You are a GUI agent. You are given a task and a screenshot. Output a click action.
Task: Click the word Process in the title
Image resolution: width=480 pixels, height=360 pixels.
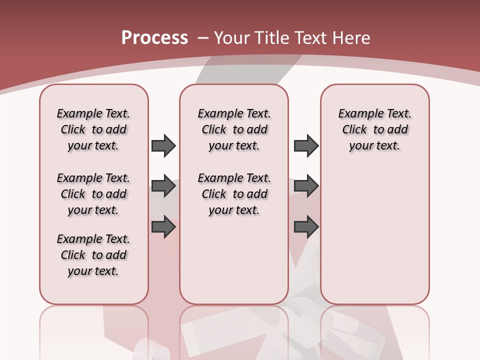pyautogui.click(x=154, y=38)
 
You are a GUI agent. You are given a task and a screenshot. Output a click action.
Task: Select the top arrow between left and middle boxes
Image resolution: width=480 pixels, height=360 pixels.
pyautogui.click(x=163, y=145)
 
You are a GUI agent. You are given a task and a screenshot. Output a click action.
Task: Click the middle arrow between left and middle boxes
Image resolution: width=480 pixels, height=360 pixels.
pyautogui.click(x=163, y=186)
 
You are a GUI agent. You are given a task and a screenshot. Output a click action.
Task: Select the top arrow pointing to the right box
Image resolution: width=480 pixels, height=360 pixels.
pyautogui.click(x=306, y=145)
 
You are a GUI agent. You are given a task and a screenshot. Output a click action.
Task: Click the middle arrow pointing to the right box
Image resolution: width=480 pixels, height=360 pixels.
pyautogui.click(x=306, y=186)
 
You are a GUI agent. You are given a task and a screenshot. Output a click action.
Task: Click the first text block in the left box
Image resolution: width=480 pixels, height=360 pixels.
pyautogui.click(x=93, y=129)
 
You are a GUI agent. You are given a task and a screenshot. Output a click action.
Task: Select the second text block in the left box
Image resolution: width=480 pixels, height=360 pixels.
pyautogui.click(x=93, y=194)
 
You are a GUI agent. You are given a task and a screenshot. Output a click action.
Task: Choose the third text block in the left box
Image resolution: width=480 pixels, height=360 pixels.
pyautogui.click(x=93, y=255)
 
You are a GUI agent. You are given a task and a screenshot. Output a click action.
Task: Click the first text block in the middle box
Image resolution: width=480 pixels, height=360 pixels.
pyautogui.click(x=234, y=129)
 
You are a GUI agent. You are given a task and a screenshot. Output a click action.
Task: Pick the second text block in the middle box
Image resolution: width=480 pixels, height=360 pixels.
pyautogui.click(x=234, y=194)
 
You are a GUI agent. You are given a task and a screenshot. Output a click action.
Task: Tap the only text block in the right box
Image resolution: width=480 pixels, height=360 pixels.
pyautogui.click(x=374, y=129)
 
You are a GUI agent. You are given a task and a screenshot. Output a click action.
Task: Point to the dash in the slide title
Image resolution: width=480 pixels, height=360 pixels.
pyautogui.click(x=203, y=38)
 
